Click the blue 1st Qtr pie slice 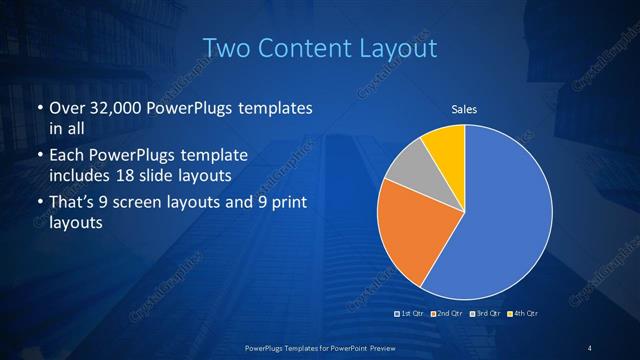[505, 215]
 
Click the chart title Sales [464, 109]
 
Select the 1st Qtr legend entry [410, 314]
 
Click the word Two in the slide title [226, 48]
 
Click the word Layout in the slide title [401, 48]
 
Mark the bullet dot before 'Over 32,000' [38, 108]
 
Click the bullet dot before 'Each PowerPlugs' [38, 157]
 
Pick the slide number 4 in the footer [589, 347]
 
